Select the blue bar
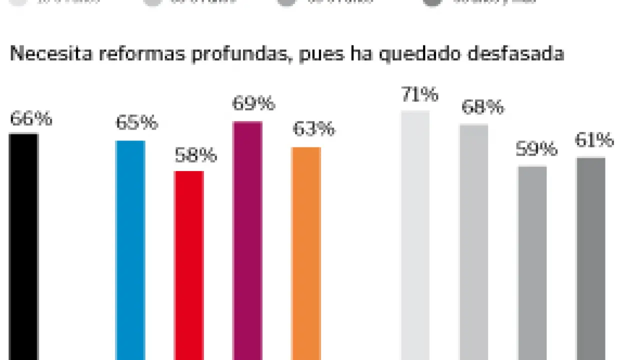130,250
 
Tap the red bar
188,265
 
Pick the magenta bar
247,240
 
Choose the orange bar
305,253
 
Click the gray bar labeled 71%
415,235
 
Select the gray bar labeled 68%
473,242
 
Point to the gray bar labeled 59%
532,262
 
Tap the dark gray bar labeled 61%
590,258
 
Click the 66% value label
31,119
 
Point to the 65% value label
136,122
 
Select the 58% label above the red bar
195,155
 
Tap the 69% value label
253,103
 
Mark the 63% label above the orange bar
313,129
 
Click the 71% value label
419,94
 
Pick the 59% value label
536,149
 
